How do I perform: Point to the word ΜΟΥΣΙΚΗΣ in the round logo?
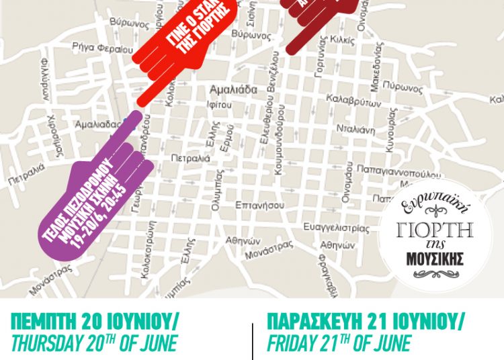pos(443,258)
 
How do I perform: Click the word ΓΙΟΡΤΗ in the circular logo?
pos(443,228)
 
